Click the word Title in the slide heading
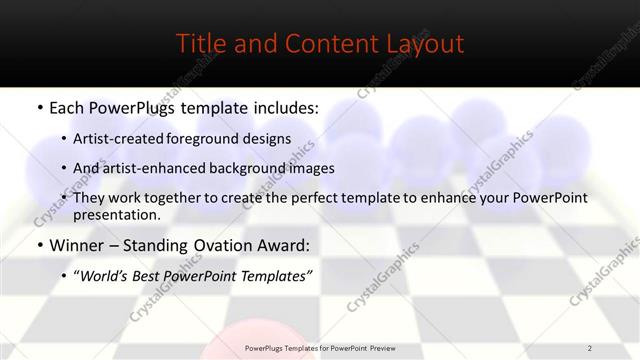coord(200,44)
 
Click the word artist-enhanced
coord(164,168)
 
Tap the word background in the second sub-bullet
coord(262,168)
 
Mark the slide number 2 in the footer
coord(590,348)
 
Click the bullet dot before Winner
coord(39,245)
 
